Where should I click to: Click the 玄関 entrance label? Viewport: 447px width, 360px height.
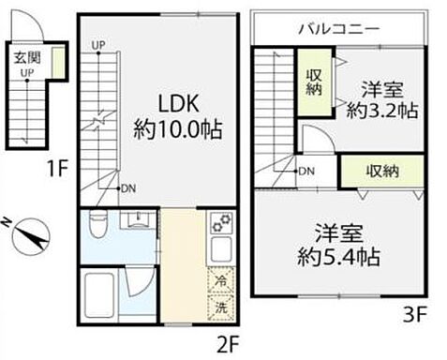[24, 57]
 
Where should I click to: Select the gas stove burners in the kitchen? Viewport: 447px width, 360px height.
[220, 226]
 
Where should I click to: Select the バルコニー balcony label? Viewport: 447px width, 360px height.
[338, 29]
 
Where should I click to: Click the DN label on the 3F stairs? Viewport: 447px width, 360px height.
[306, 171]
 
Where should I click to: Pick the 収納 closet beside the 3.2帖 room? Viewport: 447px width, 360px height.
[313, 82]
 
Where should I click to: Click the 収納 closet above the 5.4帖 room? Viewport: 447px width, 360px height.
[382, 172]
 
